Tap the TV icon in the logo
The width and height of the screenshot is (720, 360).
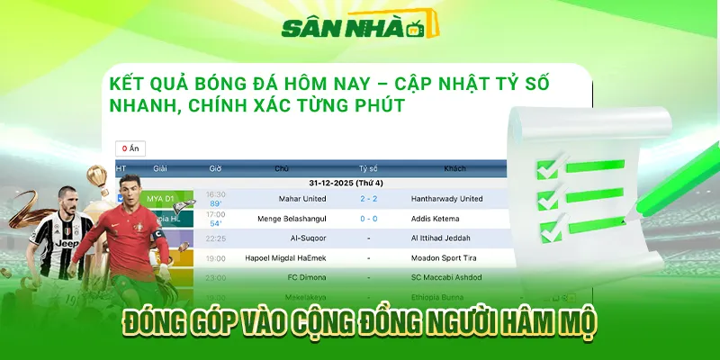pyautogui.click(x=414, y=31)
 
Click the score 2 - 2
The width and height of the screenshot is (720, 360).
pyautogui.click(x=368, y=198)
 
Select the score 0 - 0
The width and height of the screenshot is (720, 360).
pyautogui.click(x=368, y=218)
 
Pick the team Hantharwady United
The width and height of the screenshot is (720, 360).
pyautogui.click(x=446, y=198)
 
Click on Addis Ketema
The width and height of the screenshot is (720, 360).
pyautogui.click(x=447, y=218)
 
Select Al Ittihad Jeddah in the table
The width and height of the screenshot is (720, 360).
pyautogui.click(x=447, y=238)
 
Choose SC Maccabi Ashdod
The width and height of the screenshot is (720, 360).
pyautogui.click(x=447, y=278)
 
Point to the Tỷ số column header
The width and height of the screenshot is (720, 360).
pyautogui.click(x=368, y=168)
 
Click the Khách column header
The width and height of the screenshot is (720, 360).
pyautogui.click(x=454, y=168)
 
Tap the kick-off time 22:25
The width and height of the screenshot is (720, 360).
pyautogui.click(x=216, y=238)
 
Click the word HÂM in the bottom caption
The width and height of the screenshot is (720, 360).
pyautogui.click(x=523, y=323)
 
